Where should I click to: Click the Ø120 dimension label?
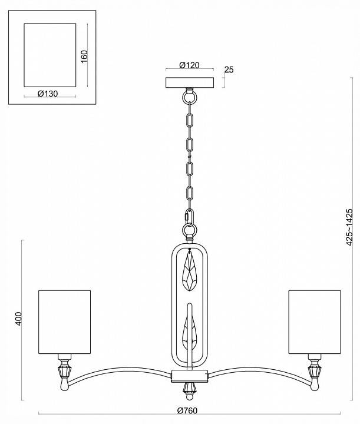click(190, 65)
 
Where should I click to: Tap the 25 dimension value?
click(230, 69)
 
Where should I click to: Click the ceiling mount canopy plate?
click(190, 82)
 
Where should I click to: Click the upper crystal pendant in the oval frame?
click(190, 272)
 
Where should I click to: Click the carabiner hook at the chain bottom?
click(190, 218)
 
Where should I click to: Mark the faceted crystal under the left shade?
click(65, 372)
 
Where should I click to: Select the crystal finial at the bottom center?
click(190, 388)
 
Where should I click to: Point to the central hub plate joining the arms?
click(190, 375)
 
